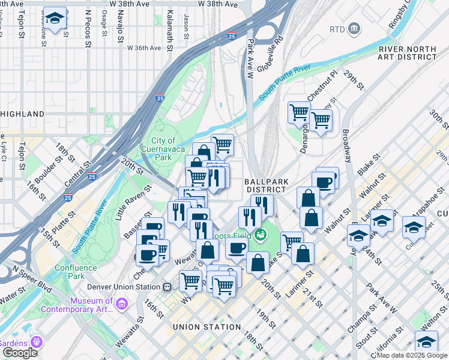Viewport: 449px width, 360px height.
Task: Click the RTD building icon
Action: point(354,28)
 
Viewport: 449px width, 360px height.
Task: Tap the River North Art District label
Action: point(407,53)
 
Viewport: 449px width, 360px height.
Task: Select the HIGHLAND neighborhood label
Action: point(22,113)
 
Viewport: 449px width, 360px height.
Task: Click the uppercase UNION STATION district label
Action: point(206,327)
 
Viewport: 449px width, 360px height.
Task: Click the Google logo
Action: point(20,352)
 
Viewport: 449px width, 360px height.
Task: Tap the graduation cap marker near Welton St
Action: point(426,342)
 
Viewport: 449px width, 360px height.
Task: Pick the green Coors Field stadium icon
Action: point(260,234)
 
